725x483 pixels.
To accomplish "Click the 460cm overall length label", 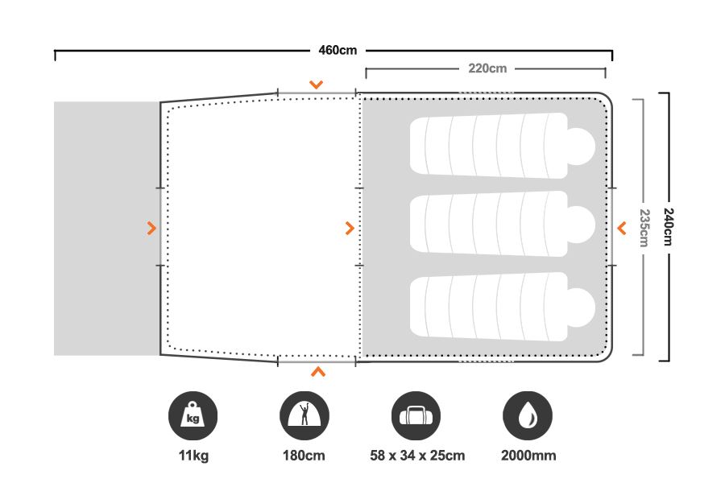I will tap(338, 51).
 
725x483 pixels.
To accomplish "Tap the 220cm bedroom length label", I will tap(487, 68).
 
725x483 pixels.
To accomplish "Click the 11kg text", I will tap(193, 456).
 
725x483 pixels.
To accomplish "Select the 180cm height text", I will tap(304, 456).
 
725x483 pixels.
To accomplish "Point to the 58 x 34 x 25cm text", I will tap(416, 456).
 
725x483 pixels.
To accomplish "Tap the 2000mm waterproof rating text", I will tap(528, 456).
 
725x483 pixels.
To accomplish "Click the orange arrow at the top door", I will tap(317, 84).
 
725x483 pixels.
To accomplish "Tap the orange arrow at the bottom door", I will tap(318, 372).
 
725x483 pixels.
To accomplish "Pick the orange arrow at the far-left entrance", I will tap(151, 229).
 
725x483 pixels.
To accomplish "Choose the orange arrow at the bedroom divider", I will tap(349, 229).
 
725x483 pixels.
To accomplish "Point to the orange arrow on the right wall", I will tap(621, 229).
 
